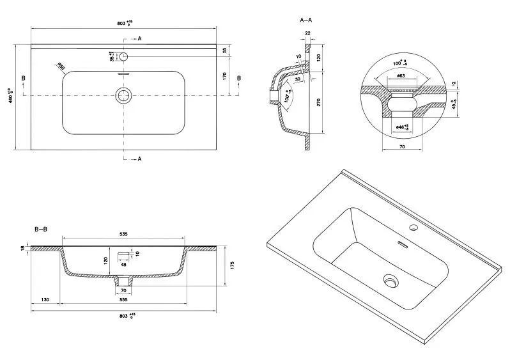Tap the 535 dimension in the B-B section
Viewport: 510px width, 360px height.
[x=124, y=235]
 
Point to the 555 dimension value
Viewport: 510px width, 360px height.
[x=124, y=300]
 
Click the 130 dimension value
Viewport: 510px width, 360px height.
[x=45, y=300]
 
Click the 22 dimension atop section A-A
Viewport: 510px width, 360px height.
[x=307, y=33]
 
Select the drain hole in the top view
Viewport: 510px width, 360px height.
[x=123, y=96]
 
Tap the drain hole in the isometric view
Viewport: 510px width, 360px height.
[x=390, y=279]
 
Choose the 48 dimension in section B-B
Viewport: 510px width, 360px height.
[x=123, y=263]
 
